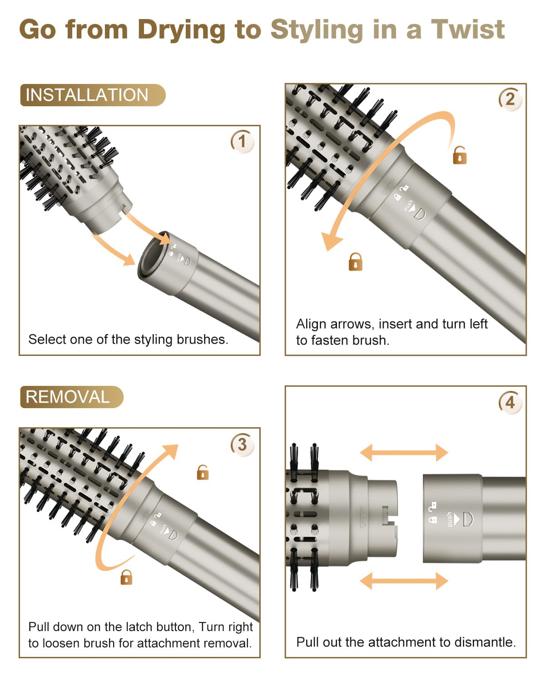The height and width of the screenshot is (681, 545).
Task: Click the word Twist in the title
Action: click(468, 30)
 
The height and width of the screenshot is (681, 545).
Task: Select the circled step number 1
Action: click(242, 141)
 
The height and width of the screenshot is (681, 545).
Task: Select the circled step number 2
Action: click(510, 99)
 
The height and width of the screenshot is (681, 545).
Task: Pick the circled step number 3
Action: click(242, 444)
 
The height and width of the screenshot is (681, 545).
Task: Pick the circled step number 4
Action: click(510, 402)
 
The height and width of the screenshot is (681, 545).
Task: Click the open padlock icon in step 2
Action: click(460, 155)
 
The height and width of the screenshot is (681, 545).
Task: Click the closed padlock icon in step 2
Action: click(355, 262)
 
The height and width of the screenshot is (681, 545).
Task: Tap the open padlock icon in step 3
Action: click(203, 473)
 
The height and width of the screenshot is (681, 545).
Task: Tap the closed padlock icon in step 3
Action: click(126, 577)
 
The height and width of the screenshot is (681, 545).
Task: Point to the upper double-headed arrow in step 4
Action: click(404, 453)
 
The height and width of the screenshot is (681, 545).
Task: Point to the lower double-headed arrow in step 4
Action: click(404, 580)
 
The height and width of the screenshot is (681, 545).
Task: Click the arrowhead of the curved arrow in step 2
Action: click(331, 241)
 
